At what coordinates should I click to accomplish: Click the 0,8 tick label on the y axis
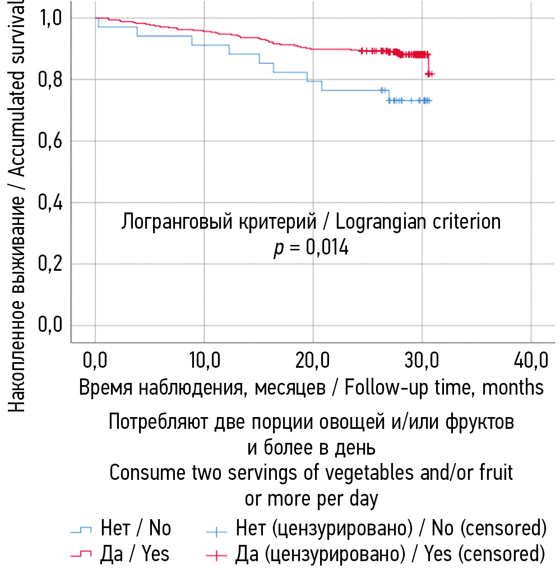point(50,80)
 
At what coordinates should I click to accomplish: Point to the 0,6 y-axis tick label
point(50,141)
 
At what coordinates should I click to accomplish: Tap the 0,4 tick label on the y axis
point(50,202)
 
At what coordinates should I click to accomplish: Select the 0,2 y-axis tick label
point(50,264)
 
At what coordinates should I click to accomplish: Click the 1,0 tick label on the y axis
point(50,18)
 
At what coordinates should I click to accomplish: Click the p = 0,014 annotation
point(311,247)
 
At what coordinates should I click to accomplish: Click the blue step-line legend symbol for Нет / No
point(82,529)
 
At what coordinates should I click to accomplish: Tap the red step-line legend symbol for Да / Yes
point(82,554)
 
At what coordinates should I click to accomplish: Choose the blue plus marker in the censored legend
point(216,529)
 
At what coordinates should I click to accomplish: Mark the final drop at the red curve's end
point(429,64)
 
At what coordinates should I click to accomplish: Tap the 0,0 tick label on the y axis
point(50,325)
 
